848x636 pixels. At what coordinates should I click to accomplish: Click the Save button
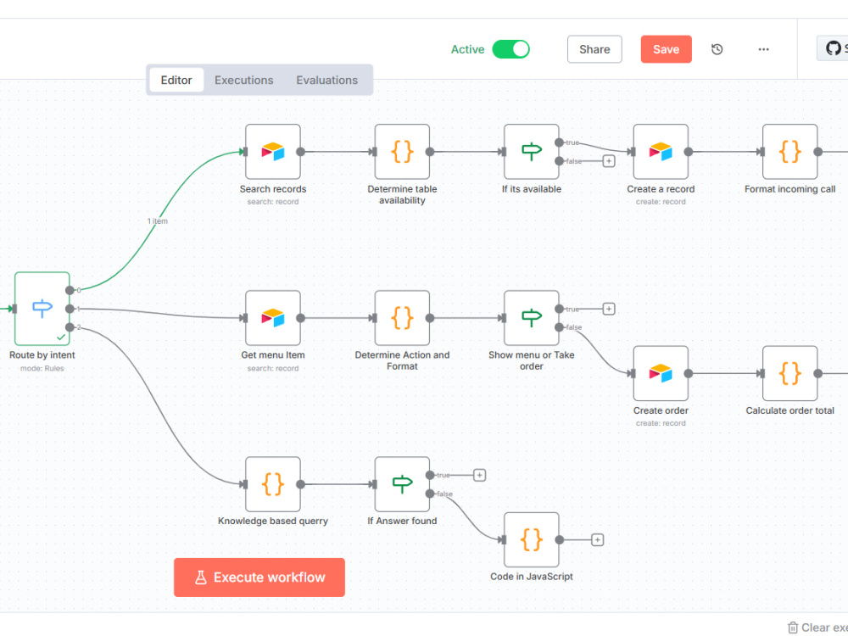tap(666, 49)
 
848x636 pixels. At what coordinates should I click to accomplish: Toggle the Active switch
tap(510, 49)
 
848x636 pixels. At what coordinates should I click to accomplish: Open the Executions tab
tap(244, 80)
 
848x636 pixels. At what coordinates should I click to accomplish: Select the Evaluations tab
tap(326, 80)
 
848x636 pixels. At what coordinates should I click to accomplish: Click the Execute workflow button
tap(259, 577)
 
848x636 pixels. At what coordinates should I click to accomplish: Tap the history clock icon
tap(717, 49)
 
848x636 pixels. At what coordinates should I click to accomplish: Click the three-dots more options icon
tap(763, 49)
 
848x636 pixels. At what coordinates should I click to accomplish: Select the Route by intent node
tap(42, 309)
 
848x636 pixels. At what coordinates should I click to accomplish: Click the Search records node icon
tap(272, 152)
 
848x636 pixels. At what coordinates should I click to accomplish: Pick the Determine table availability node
tap(402, 152)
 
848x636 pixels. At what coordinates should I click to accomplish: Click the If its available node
tap(531, 152)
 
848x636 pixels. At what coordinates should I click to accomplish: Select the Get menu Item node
tap(272, 318)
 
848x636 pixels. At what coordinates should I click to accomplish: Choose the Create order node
tap(661, 373)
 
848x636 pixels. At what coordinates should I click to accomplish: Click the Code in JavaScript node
tap(531, 539)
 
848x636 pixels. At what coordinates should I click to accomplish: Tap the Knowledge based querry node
tap(272, 484)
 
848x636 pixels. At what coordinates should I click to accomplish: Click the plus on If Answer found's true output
tap(479, 476)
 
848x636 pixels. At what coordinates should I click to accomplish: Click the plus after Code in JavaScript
tap(597, 539)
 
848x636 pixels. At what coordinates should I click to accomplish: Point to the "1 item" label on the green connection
tap(158, 220)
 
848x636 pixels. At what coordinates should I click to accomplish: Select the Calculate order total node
tap(789, 373)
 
